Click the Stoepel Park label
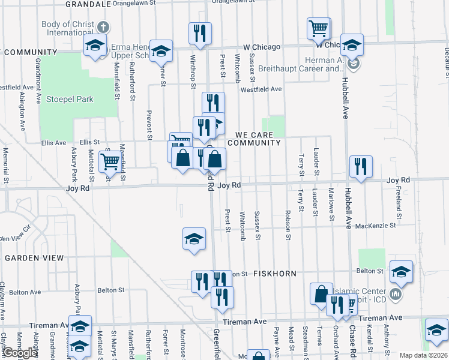point(70,99)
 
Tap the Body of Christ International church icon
point(103,28)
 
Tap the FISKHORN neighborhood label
point(274,274)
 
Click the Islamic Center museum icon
point(396,295)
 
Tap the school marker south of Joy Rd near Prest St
point(194,238)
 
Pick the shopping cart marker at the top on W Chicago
point(318,27)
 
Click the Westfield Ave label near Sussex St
point(261,89)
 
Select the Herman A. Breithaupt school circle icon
point(355,62)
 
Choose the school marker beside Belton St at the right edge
point(401,271)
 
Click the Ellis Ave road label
point(53,143)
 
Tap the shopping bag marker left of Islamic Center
point(321,293)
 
